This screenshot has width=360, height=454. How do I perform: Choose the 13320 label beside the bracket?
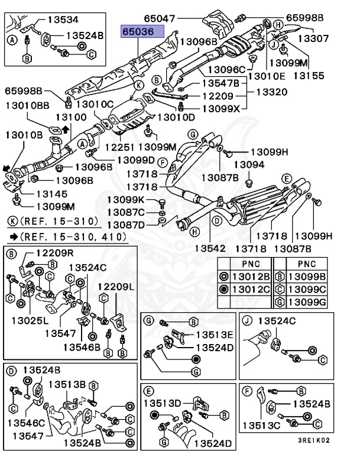pos(271,93)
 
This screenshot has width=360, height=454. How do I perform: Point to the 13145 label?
pos(51,193)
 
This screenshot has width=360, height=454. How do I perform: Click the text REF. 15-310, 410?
pos(72,237)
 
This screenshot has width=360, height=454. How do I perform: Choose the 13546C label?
pos(26,423)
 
